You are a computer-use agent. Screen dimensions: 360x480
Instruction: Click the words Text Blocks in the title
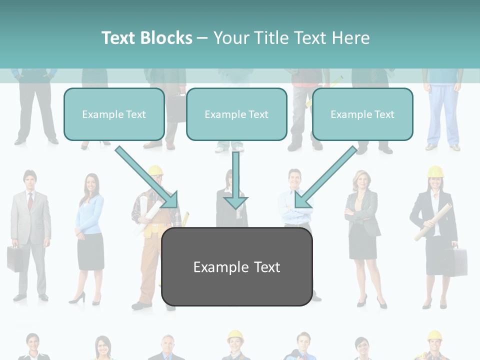(x=146, y=38)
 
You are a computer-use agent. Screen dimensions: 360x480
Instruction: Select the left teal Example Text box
(x=114, y=114)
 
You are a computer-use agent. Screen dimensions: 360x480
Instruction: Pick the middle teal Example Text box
(x=236, y=114)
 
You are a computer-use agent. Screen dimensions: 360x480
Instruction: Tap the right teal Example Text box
(x=362, y=114)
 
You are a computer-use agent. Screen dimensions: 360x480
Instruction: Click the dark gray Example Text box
(x=236, y=267)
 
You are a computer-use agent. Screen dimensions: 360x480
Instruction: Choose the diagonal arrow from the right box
(x=327, y=176)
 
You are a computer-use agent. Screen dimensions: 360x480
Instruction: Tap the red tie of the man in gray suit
(x=30, y=201)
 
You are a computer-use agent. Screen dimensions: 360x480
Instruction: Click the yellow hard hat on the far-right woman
(x=435, y=172)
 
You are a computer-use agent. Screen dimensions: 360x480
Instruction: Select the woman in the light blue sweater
(x=89, y=220)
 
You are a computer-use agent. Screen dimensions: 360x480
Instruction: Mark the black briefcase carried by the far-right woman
(x=456, y=260)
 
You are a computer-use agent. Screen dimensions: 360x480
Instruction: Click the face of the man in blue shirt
(x=293, y=179)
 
